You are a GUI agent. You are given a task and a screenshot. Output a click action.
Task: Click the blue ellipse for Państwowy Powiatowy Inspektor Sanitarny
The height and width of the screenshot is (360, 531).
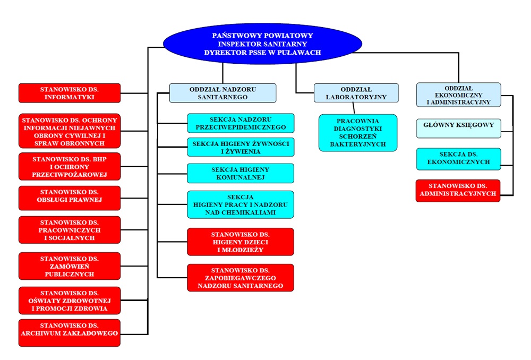(262, 44)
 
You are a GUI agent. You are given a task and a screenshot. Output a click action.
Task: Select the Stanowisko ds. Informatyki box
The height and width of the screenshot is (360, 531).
(70, 93)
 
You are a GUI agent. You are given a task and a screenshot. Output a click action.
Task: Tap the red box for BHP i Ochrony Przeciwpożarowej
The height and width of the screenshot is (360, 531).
(70, 167)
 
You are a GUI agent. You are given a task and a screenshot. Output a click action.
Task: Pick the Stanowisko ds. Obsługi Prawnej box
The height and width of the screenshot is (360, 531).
(70, 198)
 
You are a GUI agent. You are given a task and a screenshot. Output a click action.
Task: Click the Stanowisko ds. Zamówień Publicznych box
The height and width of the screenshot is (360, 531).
(70, 266)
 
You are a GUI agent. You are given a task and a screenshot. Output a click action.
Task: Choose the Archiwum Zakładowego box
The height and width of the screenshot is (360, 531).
(70, 333)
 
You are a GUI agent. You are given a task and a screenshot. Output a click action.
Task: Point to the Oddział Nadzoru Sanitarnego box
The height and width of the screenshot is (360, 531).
(223, 93)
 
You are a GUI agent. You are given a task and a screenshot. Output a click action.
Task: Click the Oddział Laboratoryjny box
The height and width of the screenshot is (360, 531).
(356, 93)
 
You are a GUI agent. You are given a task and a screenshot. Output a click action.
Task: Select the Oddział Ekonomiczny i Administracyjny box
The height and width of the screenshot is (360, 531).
(458, 95)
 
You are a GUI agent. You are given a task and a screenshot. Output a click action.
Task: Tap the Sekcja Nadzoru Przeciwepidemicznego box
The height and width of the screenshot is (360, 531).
(241, 123)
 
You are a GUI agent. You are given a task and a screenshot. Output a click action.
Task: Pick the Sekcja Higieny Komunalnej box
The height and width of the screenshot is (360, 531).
(241, 173)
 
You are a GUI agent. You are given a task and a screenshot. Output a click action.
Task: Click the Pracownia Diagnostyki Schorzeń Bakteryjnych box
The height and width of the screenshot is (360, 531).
(358, 133)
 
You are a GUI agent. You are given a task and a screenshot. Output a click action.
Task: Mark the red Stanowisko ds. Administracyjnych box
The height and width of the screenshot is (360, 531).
(458, 190)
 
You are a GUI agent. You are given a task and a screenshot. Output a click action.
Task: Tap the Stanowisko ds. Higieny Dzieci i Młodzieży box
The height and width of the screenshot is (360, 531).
(241, 242)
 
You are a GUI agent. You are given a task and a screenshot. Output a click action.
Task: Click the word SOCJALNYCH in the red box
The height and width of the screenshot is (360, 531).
(70, 238)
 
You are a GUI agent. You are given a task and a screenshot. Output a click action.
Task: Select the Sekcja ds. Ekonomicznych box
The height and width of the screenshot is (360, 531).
(458, 159)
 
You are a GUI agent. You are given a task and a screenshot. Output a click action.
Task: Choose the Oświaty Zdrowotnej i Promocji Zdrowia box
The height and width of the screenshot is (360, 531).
(70, 301)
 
